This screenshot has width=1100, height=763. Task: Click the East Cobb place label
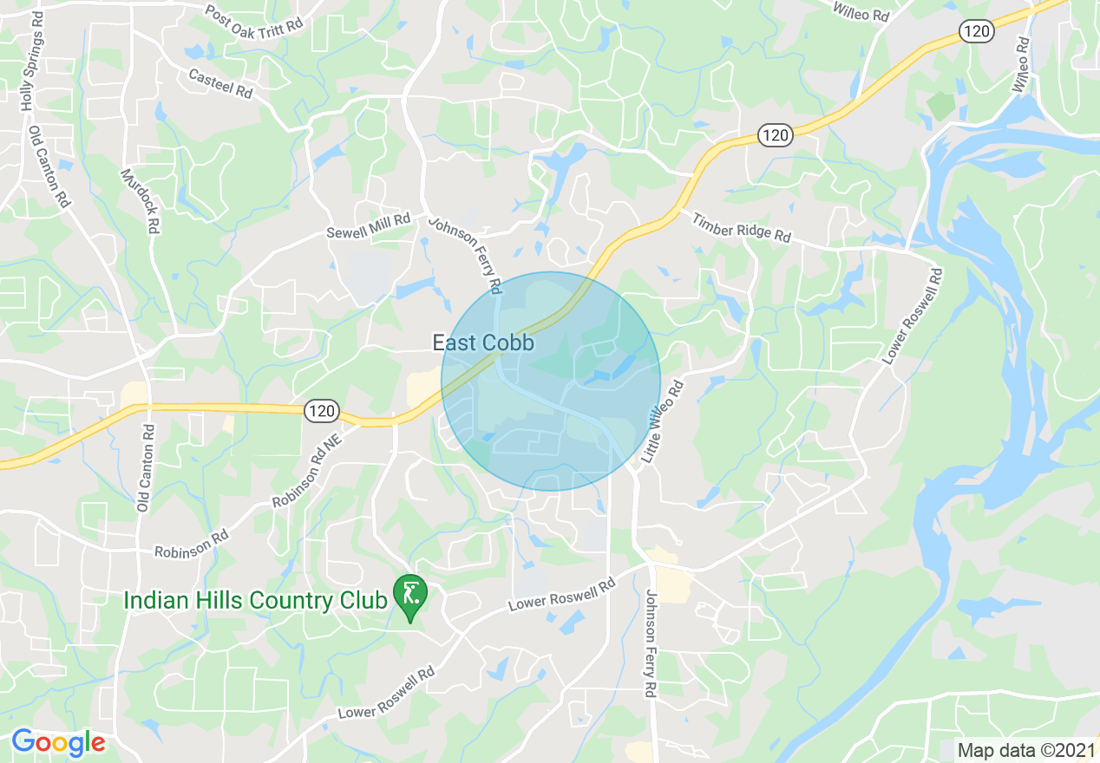[x=483, y=343]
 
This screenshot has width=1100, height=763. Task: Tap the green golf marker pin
[x=409, y=596]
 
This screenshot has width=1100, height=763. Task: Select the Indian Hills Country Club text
[x=254, y=600]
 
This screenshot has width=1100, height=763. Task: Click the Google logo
[x=58, y=742]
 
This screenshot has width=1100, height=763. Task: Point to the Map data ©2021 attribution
[x=1025, y=749]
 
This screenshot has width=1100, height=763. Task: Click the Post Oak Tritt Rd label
[x=254, y=19]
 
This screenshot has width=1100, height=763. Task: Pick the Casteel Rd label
[x=220, y=83]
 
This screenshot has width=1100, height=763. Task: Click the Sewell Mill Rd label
[x=368, y=227]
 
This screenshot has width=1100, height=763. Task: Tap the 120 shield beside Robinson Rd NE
[x=321, y=412]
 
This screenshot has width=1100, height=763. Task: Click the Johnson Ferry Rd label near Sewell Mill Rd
[x=465, y=253]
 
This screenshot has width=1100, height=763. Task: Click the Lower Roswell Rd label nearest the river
[x=913, y=316]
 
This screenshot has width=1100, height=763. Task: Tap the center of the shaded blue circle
[x=551, y=381]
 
